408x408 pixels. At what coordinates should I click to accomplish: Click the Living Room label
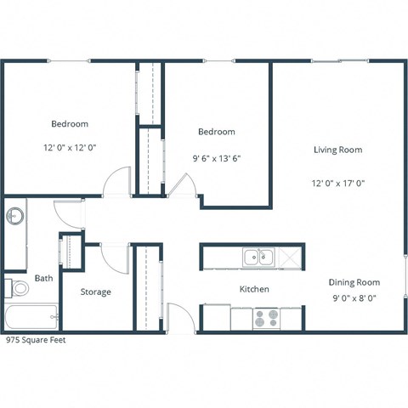click(x=337, y=150)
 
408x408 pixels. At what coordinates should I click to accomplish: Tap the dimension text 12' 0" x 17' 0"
click(x=337, y=183)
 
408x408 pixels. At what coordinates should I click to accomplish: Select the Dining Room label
click(x=354, y=282)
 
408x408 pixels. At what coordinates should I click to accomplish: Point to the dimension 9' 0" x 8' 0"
click(x=354, y=298)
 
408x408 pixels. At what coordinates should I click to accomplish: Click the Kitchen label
click(x=254, y=290)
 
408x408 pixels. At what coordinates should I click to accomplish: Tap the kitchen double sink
click(x=257, y=255)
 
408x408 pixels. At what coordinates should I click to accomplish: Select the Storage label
click(x=95, y=292)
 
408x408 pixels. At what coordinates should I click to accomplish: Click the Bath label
click(x=43, y=278)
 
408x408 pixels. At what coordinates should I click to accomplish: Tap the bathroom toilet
click(x=17, y=289)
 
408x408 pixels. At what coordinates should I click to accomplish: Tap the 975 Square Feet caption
click(x=36, y=339)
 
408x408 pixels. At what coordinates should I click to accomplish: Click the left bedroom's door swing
click(x=116, y=181)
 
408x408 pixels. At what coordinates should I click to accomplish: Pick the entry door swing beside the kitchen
click(x=180, y=318)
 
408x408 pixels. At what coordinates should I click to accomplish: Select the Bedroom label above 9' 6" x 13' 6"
click(x=216, y=132)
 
